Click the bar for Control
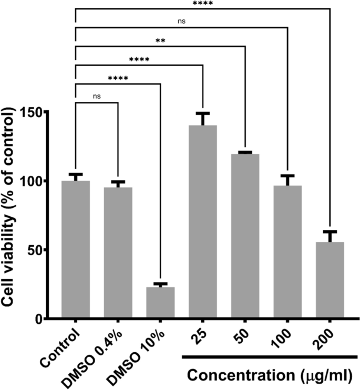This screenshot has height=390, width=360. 76,249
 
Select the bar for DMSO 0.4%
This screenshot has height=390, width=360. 118,252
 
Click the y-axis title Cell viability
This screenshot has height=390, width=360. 12,215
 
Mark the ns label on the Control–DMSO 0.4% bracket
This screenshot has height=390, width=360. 97,97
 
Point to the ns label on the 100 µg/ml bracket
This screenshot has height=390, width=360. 181,22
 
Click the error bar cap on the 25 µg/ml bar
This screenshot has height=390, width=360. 203,113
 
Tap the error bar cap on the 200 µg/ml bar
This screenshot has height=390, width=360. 330,231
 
